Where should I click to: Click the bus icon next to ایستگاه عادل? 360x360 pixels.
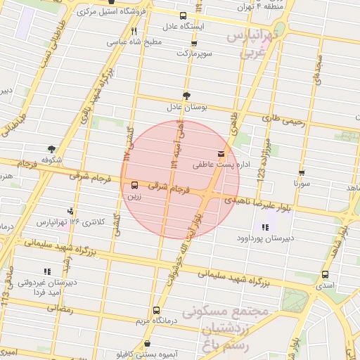click(184, 15)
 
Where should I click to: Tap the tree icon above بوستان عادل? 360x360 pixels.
click(186, 96)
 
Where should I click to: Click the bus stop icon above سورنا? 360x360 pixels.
click(302, 172)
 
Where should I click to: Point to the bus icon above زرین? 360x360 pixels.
click(134, 186)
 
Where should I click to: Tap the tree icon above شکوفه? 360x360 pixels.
click(51, 149)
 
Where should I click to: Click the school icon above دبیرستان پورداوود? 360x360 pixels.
click(265, 227)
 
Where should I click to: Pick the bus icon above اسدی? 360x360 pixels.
click(325, 275)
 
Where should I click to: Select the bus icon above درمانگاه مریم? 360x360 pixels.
click(156, 310)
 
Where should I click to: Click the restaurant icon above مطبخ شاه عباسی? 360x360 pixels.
click(134, 32)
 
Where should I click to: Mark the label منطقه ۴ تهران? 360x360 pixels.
click(248, 6)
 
